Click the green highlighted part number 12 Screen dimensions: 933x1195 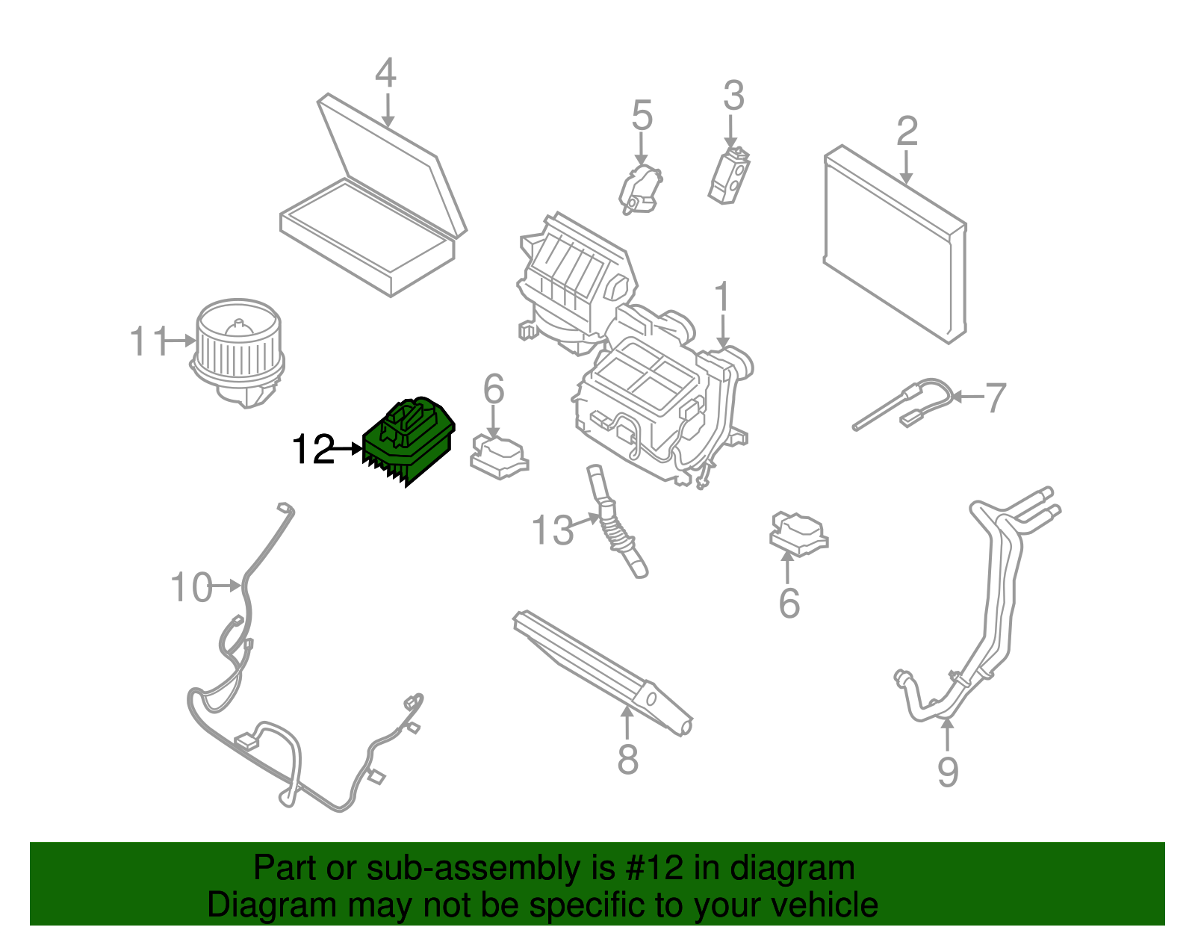click(x=408, y=441)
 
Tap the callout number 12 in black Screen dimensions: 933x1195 click(x=313, y=450)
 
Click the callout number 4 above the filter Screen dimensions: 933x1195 click(x=385, y=73)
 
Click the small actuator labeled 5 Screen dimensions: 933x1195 click(x=640, y=190)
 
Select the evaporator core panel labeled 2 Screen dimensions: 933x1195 click(x=895, y=245)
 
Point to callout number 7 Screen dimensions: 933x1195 click(x=996, y=397)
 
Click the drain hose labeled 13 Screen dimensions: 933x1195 click(x=616, y=523)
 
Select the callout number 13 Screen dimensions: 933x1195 click(x=553, y=531)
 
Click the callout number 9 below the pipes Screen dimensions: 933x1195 click(x=947, y=772)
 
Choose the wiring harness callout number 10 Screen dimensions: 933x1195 click(x=191, y=587)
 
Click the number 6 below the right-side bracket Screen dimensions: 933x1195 click(x=789, y=604)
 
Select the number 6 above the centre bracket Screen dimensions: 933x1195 click(x=494, y=389)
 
